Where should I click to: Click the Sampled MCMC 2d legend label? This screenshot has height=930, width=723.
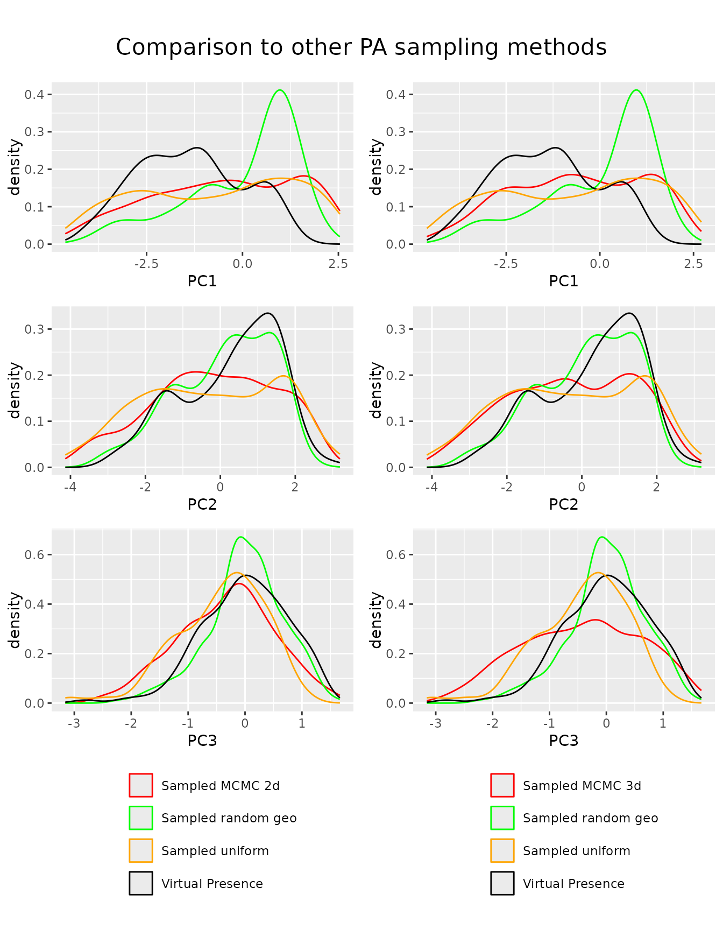(221, 786)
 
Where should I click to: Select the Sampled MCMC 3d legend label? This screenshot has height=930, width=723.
(582, 786)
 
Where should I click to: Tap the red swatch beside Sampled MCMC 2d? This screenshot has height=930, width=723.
(141, 785)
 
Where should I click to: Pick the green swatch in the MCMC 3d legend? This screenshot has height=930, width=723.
(502, 818)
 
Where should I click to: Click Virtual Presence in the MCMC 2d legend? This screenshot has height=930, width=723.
(212, 884)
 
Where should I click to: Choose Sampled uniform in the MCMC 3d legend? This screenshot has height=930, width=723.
(577, 851)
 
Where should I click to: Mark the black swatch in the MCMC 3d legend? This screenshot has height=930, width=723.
(502, 883)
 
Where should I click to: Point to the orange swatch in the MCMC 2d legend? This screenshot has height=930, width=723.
(141, 851)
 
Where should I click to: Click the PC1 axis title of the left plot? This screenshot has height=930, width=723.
(202, 281)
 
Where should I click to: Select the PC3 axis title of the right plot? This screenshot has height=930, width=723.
(564, 741)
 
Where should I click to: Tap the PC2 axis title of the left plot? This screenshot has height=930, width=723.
(202, 504)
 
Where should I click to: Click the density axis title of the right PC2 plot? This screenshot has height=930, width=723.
(376, 390)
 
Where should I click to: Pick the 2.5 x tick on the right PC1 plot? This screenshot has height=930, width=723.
(693, 264)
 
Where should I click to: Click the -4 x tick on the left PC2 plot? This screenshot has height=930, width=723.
(69, 487)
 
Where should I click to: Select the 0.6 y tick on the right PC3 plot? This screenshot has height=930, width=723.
(395, 554)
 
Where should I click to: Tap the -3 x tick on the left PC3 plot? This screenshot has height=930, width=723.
(74, 723)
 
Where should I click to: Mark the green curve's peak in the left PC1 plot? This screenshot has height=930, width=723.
(279, 90)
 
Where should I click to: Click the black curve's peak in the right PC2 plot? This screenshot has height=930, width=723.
(629, 313)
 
